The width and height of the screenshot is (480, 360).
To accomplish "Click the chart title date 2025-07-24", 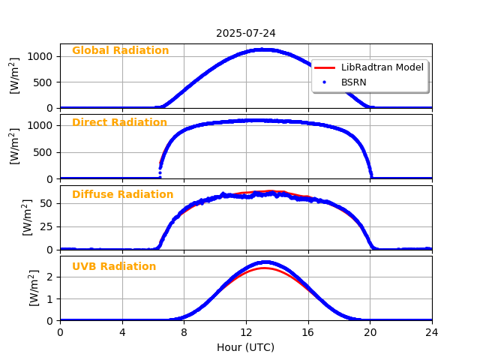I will [245, 33].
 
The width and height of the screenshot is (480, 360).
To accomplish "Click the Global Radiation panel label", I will [120, 51].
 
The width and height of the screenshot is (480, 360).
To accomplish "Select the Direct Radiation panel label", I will [119, 123].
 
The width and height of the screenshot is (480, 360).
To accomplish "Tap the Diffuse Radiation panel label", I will [122, 195].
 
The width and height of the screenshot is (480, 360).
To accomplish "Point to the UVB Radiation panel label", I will [114, 267].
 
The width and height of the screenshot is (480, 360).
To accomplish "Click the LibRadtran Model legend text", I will [382, 67].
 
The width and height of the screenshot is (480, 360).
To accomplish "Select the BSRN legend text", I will [354, 82].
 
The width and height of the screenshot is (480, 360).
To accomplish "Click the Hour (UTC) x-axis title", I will [245, 347].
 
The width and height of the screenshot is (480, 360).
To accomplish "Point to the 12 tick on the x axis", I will [246, 332].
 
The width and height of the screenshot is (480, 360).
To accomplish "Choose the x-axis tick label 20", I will [370, 332].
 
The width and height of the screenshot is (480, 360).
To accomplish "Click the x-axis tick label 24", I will [432, 332].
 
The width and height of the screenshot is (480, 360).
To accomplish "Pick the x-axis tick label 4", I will [122, 332].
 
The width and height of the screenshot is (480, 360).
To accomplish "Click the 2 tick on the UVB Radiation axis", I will [50, 277].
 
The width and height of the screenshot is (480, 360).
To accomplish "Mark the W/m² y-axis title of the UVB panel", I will [34, 288].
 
